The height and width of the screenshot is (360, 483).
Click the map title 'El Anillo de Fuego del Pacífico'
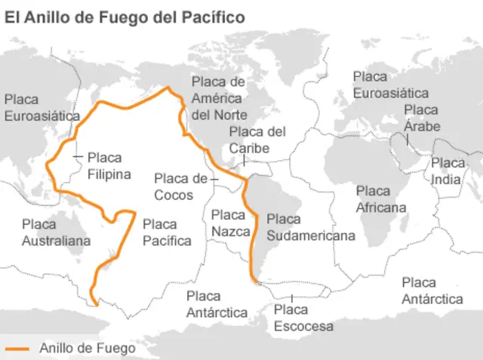[x=125, y=17]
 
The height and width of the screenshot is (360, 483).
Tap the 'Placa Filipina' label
[x=109, y=166]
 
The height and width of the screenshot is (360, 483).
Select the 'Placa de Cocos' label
[x=180, y=186]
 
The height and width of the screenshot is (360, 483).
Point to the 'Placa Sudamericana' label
[x=310, y=227]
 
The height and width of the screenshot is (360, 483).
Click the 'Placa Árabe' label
[x=421, y=118]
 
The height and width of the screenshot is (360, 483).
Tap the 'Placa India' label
[x=448, y=171]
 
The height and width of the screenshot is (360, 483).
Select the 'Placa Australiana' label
[x=56, y=232]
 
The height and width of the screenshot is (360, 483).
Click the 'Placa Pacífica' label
[x=166, y=232]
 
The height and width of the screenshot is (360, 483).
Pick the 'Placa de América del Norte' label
[x=217, y=98]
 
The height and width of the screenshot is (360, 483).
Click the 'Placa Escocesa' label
[x=303, y=318]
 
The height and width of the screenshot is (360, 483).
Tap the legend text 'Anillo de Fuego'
[x=88, y=348]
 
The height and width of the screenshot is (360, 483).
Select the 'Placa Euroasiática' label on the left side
[x=42, y=108]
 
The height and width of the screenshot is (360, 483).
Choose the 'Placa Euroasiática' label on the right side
[x=390, y=85]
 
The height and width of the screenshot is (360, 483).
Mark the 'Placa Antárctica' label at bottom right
[x=432, y=291]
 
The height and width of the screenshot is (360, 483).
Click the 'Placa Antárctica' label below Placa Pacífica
[x=217, y=303]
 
